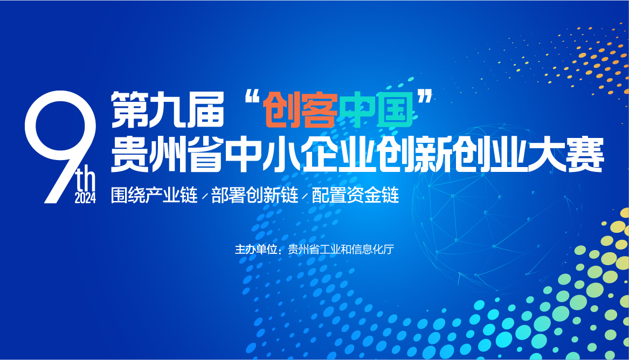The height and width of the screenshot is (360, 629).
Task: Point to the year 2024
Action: coord(86,198)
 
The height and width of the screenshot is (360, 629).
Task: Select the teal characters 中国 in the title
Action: coord(376,109)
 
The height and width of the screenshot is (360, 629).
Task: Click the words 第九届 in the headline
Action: coord(167,109)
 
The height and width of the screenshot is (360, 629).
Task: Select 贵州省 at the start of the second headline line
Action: coord(167,155)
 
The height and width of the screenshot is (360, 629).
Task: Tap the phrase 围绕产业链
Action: coord(155,195)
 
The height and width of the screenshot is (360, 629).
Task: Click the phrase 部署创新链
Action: coord(255,195)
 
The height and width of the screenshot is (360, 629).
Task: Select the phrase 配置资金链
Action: coord(355,195)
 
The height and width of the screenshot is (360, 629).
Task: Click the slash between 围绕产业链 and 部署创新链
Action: coord(205,196)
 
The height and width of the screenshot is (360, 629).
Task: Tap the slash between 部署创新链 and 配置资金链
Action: coord(305,196)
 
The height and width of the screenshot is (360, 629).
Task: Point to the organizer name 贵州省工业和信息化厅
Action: coord(341,250)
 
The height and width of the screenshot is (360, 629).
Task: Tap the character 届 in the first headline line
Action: coord(205,109)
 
